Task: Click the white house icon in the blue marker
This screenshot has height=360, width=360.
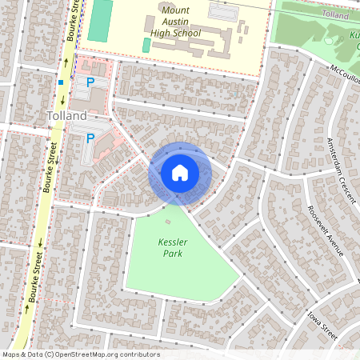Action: [x=180, y=172]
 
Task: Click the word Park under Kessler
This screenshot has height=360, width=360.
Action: [x=171, y=254]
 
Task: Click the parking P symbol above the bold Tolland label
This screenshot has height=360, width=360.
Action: [x=90, y=82]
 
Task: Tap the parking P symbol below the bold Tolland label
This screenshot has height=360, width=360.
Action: [x=90, y=138]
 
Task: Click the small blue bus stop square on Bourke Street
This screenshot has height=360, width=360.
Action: [x=61, y=81]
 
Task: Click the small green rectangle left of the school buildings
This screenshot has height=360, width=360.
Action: [x=146, y=46]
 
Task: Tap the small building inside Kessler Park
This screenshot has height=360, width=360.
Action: [x=167, y=221]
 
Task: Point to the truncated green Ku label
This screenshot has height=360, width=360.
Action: [x=354, y=37]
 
